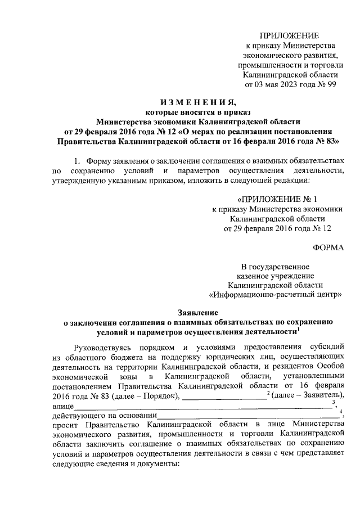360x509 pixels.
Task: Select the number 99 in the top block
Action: [x=332, y=85]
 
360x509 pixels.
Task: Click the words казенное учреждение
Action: [x=272, y=275]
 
